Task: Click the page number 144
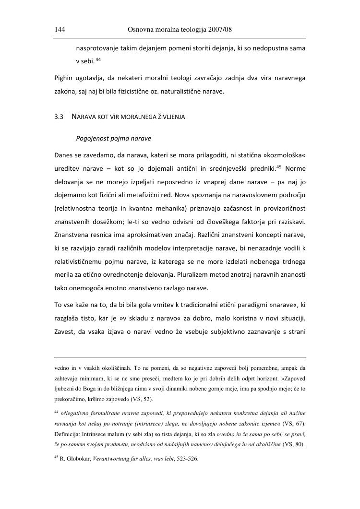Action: (x=60, y=30)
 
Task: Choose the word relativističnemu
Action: (x=83, y=263)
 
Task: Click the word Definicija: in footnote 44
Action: (x=70, y=433)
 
